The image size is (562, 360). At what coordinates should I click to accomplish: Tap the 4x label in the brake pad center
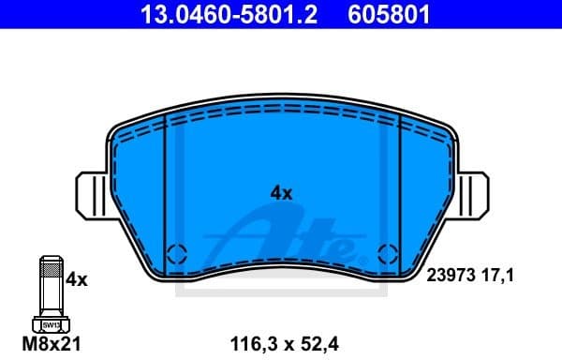281,192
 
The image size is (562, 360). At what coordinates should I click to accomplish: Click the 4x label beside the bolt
77,279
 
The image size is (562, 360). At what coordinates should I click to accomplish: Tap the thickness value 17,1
496,276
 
